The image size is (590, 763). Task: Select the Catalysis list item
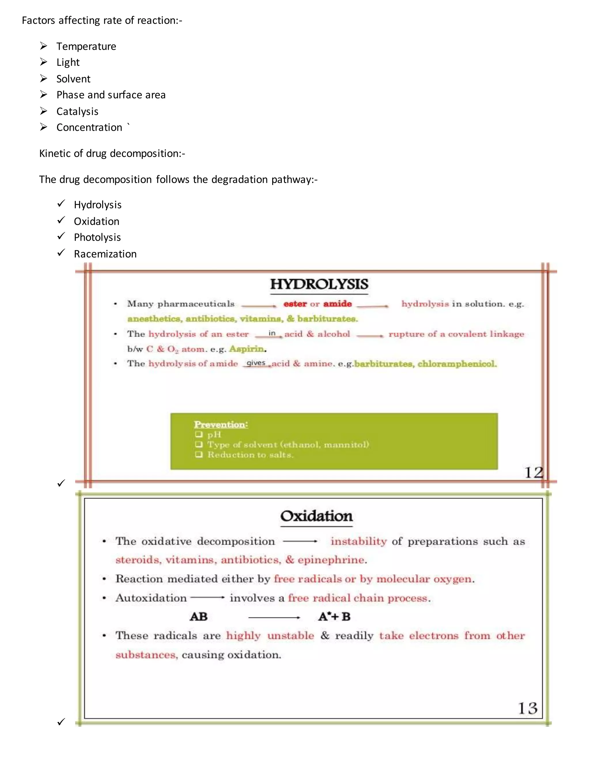tap(77, 111)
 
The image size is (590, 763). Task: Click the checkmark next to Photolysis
tap(61, 236)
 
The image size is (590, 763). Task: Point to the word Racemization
tap(105, 254)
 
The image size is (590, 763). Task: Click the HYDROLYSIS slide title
tap(319, 284)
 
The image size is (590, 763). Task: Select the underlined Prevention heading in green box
tap(221, 424)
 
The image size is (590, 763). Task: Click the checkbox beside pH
tap(199, 434)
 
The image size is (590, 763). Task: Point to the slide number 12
tap(533, 473)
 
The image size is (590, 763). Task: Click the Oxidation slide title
tap(316, 516)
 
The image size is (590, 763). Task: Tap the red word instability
tap(359, 542)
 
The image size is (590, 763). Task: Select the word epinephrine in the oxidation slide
tap(332, 560)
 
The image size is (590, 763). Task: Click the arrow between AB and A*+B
tap(274, 618)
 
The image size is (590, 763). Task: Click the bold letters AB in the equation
tap(198, 617)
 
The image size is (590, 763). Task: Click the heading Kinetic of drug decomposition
tap(112, 154)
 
